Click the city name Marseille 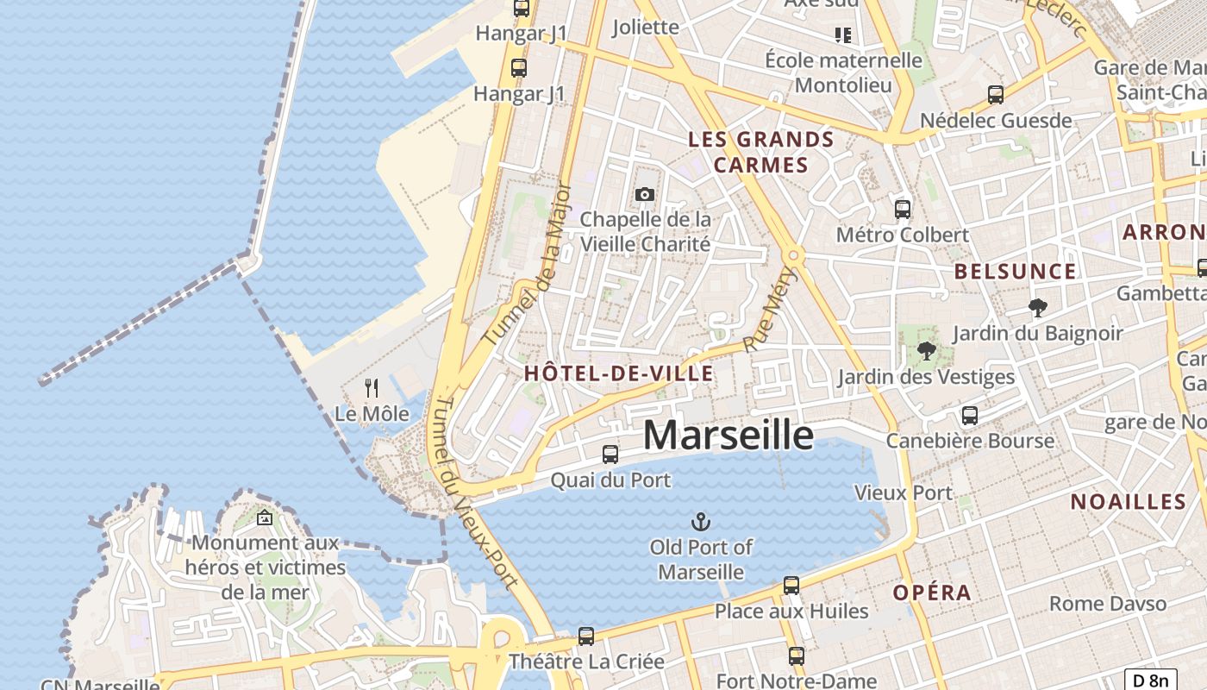[x=728, y=436]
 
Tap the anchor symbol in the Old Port [x=701, y=522]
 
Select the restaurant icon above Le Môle [x=372, y=388]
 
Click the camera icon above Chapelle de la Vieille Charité [x=645, y=195]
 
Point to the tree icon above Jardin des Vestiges [x=927, y=351]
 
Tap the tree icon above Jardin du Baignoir [x=1038, y=307]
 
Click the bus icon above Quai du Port [x=610, y=454]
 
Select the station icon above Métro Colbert [x=903, y=209]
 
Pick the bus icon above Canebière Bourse [x=970, y=416]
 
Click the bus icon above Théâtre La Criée [x=586, y=637]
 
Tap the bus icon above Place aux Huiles [x=791, y=586]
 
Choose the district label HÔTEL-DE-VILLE [x=619, y=373]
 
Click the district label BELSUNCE [x=1015, y=272]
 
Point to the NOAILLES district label [x=1129, y=502]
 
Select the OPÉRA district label [x=932, y=593]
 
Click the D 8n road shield [x=1151, y=680]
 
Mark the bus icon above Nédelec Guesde [x=996, y=95]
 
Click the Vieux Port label [x=903, y=492]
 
